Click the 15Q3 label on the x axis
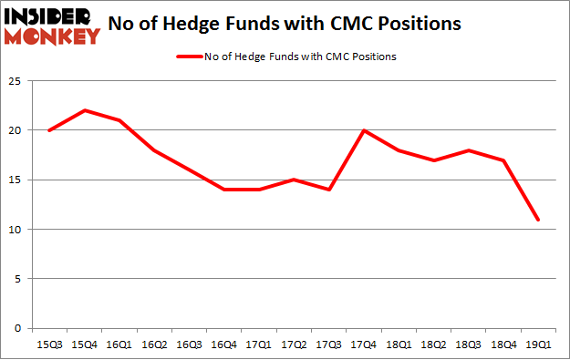tap(48, 345)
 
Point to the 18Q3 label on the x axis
tap(469, 345)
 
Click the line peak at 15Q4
tap(83, 110)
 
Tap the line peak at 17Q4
tap(364, 130)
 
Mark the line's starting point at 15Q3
tap(48, 130)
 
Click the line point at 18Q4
tap(503, 160)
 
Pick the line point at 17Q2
tap(294, 180)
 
